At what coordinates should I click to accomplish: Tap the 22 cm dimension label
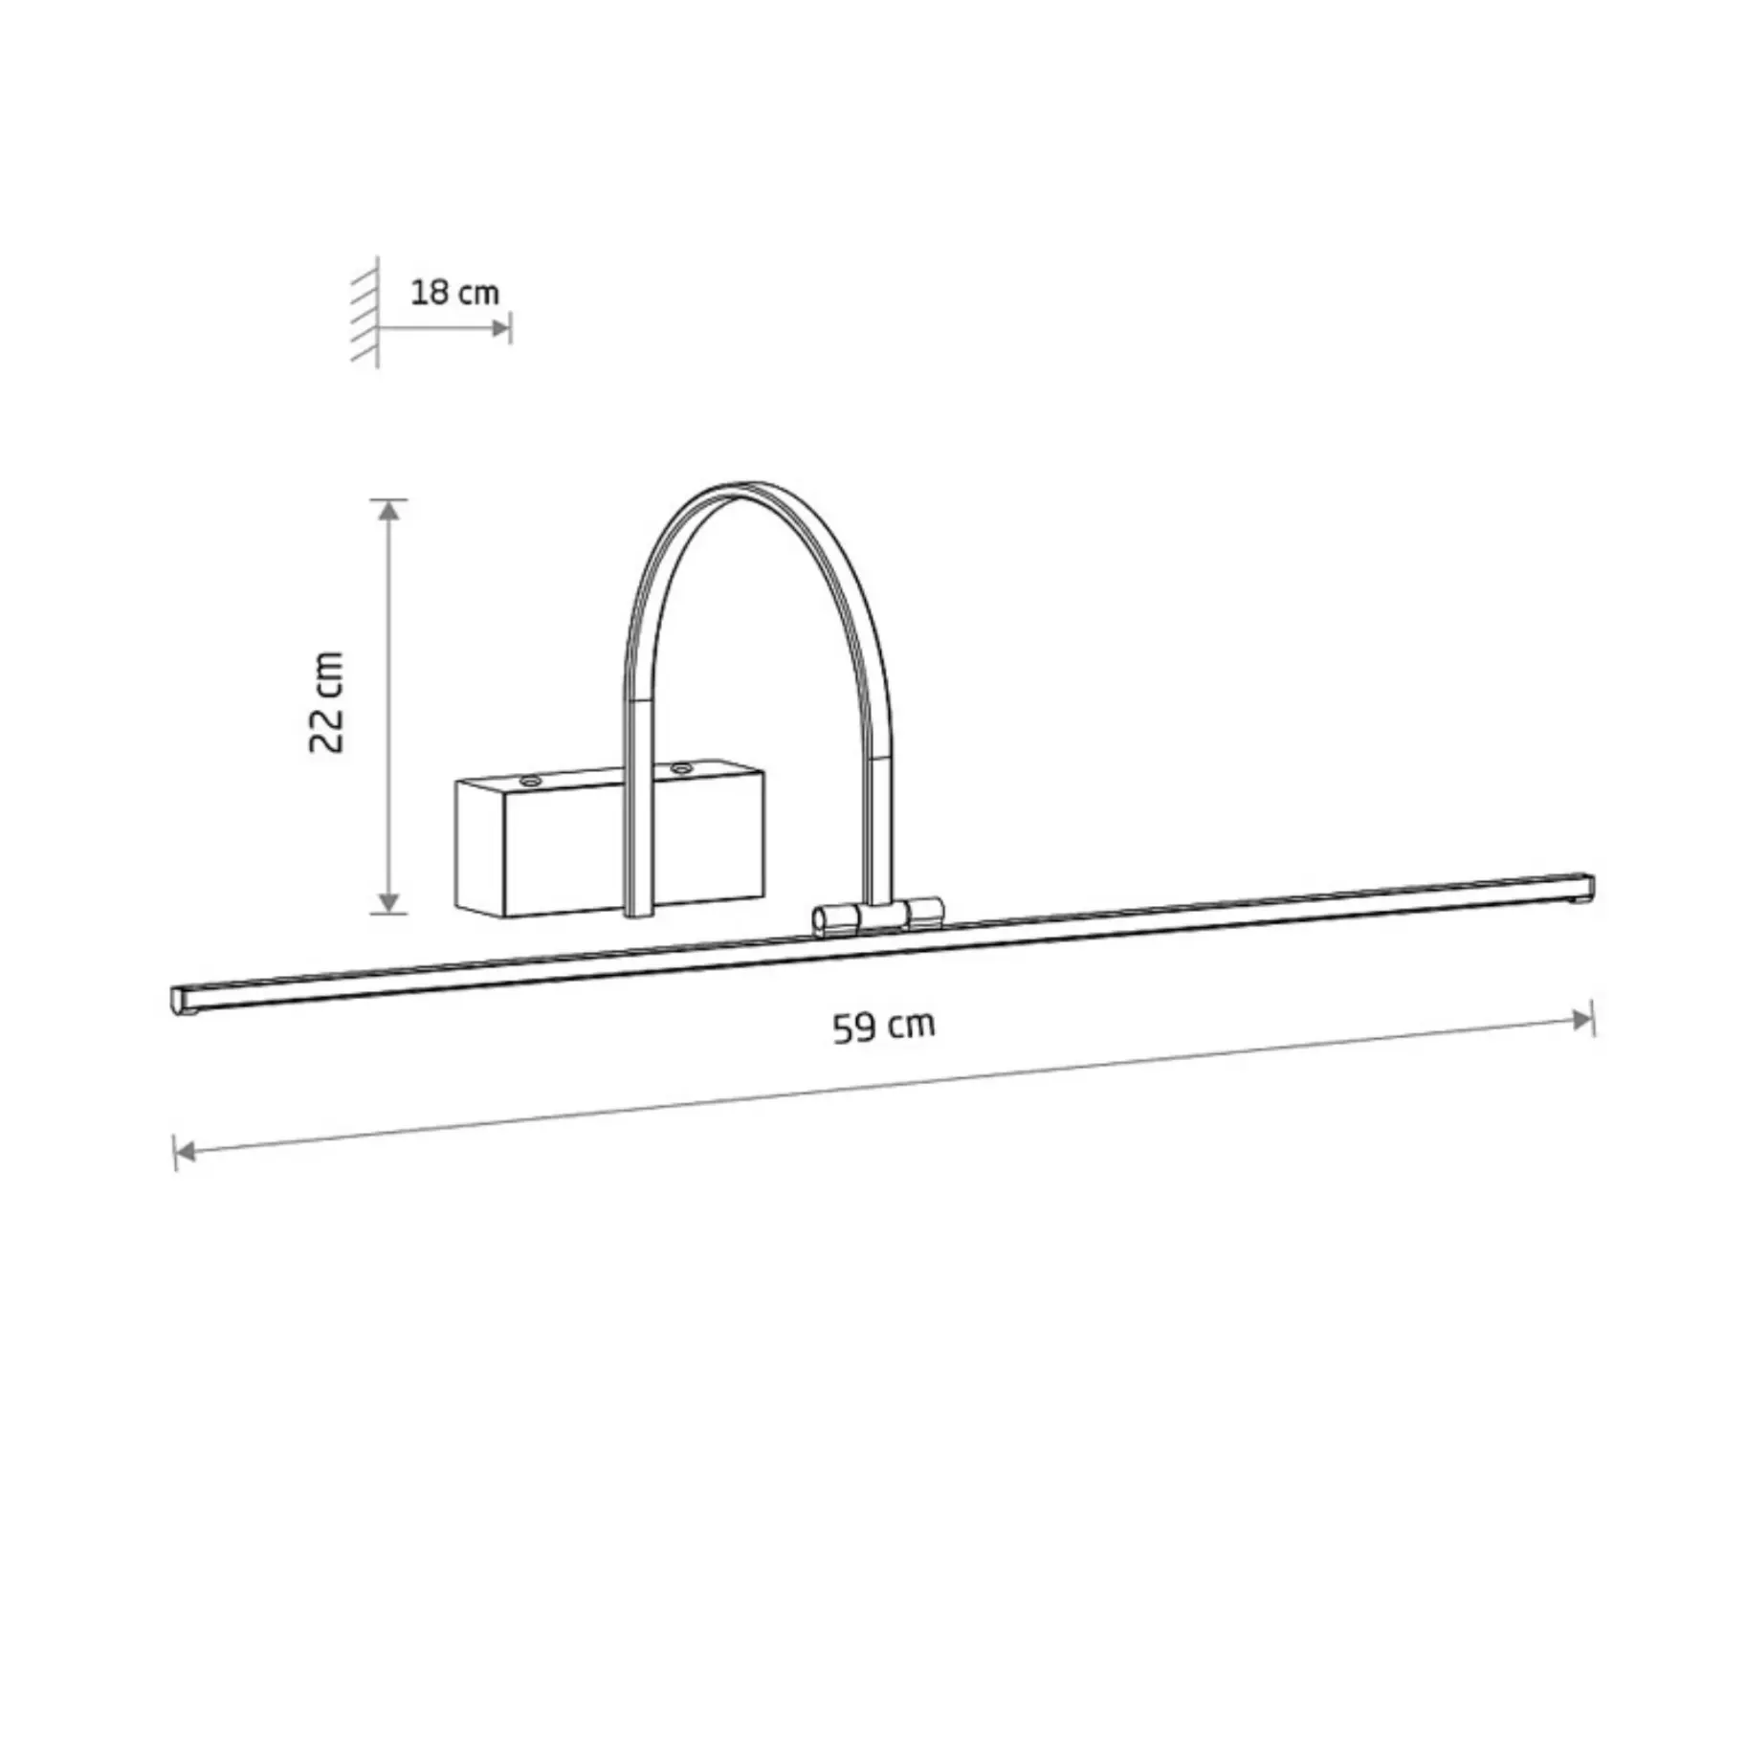tap(327, 702)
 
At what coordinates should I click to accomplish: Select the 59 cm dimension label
tap(883, 1027)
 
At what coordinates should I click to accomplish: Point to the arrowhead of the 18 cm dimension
tap(500, 328)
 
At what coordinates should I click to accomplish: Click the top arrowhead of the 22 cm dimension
tap(387, 510)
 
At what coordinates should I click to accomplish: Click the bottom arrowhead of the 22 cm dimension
tap(387, 901)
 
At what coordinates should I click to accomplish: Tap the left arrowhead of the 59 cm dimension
tap(186, 1151)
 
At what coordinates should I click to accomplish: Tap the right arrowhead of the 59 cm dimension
tap(1582, 1019)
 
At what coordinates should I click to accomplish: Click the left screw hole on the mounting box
tap(529, 782)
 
